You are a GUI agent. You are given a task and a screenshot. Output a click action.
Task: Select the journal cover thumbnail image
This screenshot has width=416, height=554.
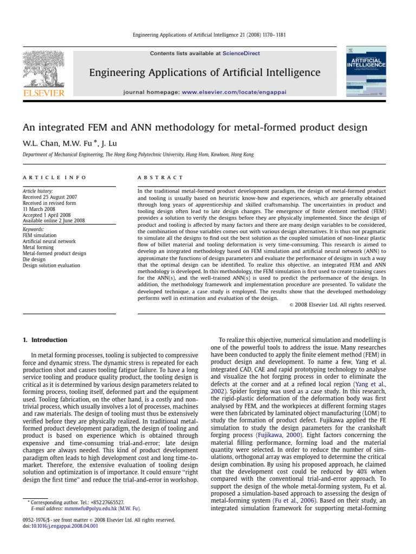point(366,72)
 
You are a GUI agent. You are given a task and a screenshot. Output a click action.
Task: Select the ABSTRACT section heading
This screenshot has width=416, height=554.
point(161,177)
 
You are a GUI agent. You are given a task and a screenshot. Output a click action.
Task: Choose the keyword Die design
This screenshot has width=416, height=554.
point(36,259)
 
